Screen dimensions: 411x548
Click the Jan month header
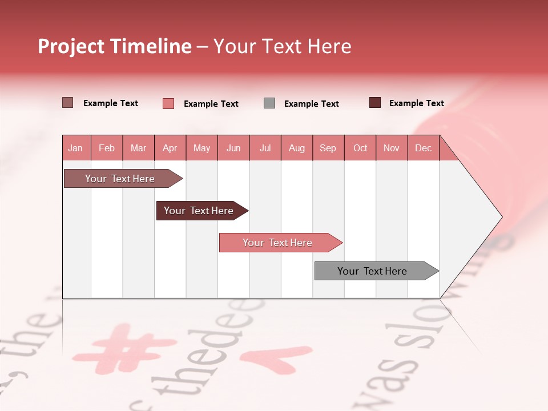(x=75, y=148)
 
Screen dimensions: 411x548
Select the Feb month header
(x=107, y=148)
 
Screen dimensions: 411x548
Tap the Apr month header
(x=170, y=148)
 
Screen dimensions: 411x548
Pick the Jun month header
(x=233, y=148)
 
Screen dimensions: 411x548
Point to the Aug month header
(x=296, y=148)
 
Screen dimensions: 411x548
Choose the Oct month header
(x=360, y=148)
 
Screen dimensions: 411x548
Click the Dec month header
(x=423, y=148)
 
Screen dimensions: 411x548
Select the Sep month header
(x=328, y=148)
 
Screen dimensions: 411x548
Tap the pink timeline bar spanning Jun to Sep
(x=278, y=243)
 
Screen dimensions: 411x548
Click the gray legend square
(x=269, y=103)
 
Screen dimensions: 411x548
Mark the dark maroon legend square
(x=374, y=103)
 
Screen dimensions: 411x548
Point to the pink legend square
(x=168, y=103)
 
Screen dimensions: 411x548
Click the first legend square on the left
(x=67, y=103)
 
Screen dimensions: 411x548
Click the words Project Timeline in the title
(x=115, y=46)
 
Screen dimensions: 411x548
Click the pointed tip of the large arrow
(x=501, y=217)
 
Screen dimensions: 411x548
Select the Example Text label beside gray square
(x=311, y=104)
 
